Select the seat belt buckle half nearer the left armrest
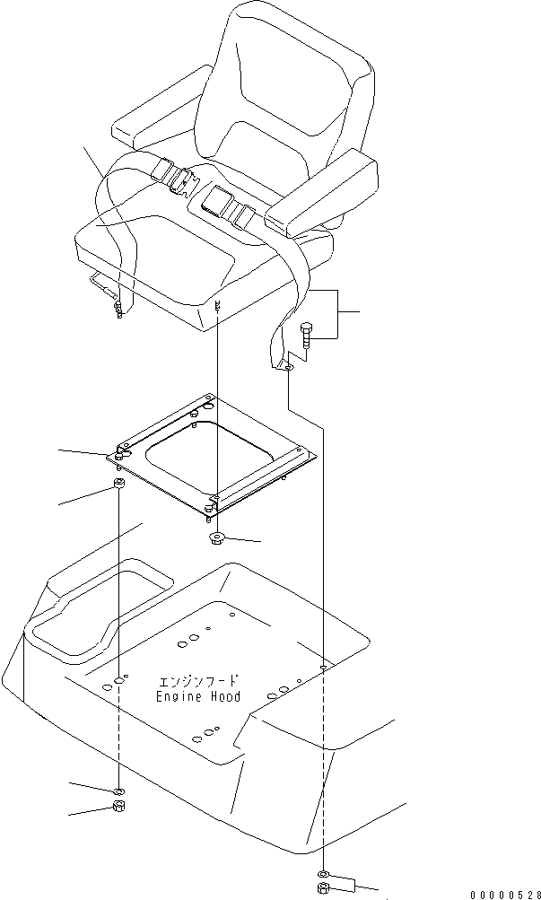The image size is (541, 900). [177, 176]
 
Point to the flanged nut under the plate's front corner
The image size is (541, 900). [216, 538]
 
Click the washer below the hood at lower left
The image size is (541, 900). [118, 791]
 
